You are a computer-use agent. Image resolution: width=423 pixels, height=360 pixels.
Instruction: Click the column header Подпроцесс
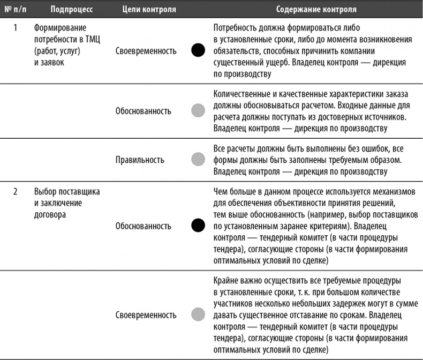(72, 10)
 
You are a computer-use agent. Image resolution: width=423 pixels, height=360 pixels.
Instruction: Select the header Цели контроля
(142, 10)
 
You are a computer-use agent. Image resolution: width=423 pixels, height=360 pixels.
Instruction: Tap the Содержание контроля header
(316, 10)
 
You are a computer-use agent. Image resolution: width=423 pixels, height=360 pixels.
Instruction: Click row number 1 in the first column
(16, 27)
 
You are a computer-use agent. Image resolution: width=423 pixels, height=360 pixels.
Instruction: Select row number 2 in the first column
(16, 191)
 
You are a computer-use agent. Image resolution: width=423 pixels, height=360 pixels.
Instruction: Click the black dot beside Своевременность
(198, 51)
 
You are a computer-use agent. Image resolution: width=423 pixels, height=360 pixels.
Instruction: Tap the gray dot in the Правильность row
(198, 160)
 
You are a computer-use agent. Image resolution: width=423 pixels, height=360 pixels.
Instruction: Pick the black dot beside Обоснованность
(198, 226)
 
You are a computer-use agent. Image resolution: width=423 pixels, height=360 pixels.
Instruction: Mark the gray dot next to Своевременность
(198, 314)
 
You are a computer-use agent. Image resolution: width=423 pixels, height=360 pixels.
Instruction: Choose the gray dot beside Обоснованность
(198, 111)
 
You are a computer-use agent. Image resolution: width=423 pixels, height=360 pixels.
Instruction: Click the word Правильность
(140, 160)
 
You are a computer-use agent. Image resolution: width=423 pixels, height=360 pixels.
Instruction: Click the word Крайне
(225, 280)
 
